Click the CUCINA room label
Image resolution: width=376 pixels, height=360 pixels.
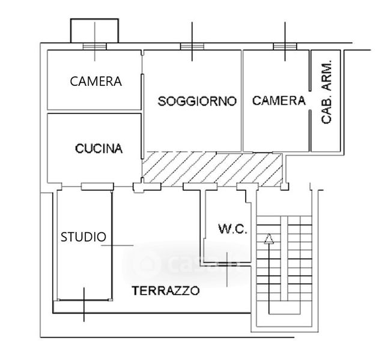click(x=99, y=148)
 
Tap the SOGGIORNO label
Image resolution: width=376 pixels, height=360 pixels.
click(x=196, y=101)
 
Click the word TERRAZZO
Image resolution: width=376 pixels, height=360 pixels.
click(x=166, y=292)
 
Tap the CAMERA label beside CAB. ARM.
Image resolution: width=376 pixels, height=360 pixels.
click(x=279, y=101)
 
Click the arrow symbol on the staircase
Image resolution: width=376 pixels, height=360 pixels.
click(x=268, y=238)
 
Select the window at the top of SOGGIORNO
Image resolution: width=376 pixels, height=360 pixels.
click(x=192, y=47)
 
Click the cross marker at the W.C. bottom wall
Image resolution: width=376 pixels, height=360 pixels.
click(x=228, y=259)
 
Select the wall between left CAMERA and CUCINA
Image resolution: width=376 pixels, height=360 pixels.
click(x=95, y=112)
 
